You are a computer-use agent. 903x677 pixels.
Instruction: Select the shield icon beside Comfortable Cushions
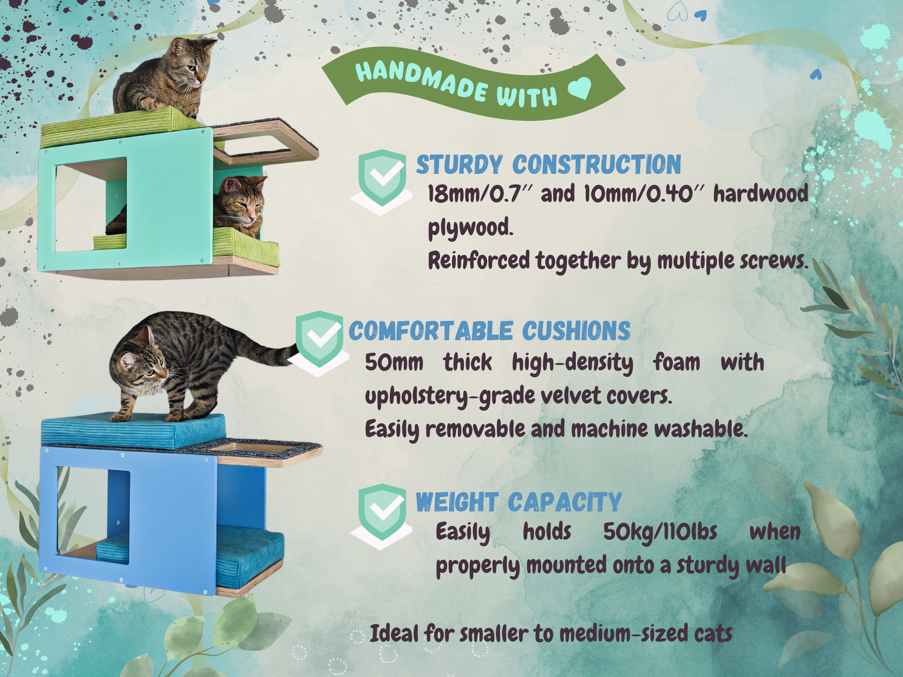point(319,339)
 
